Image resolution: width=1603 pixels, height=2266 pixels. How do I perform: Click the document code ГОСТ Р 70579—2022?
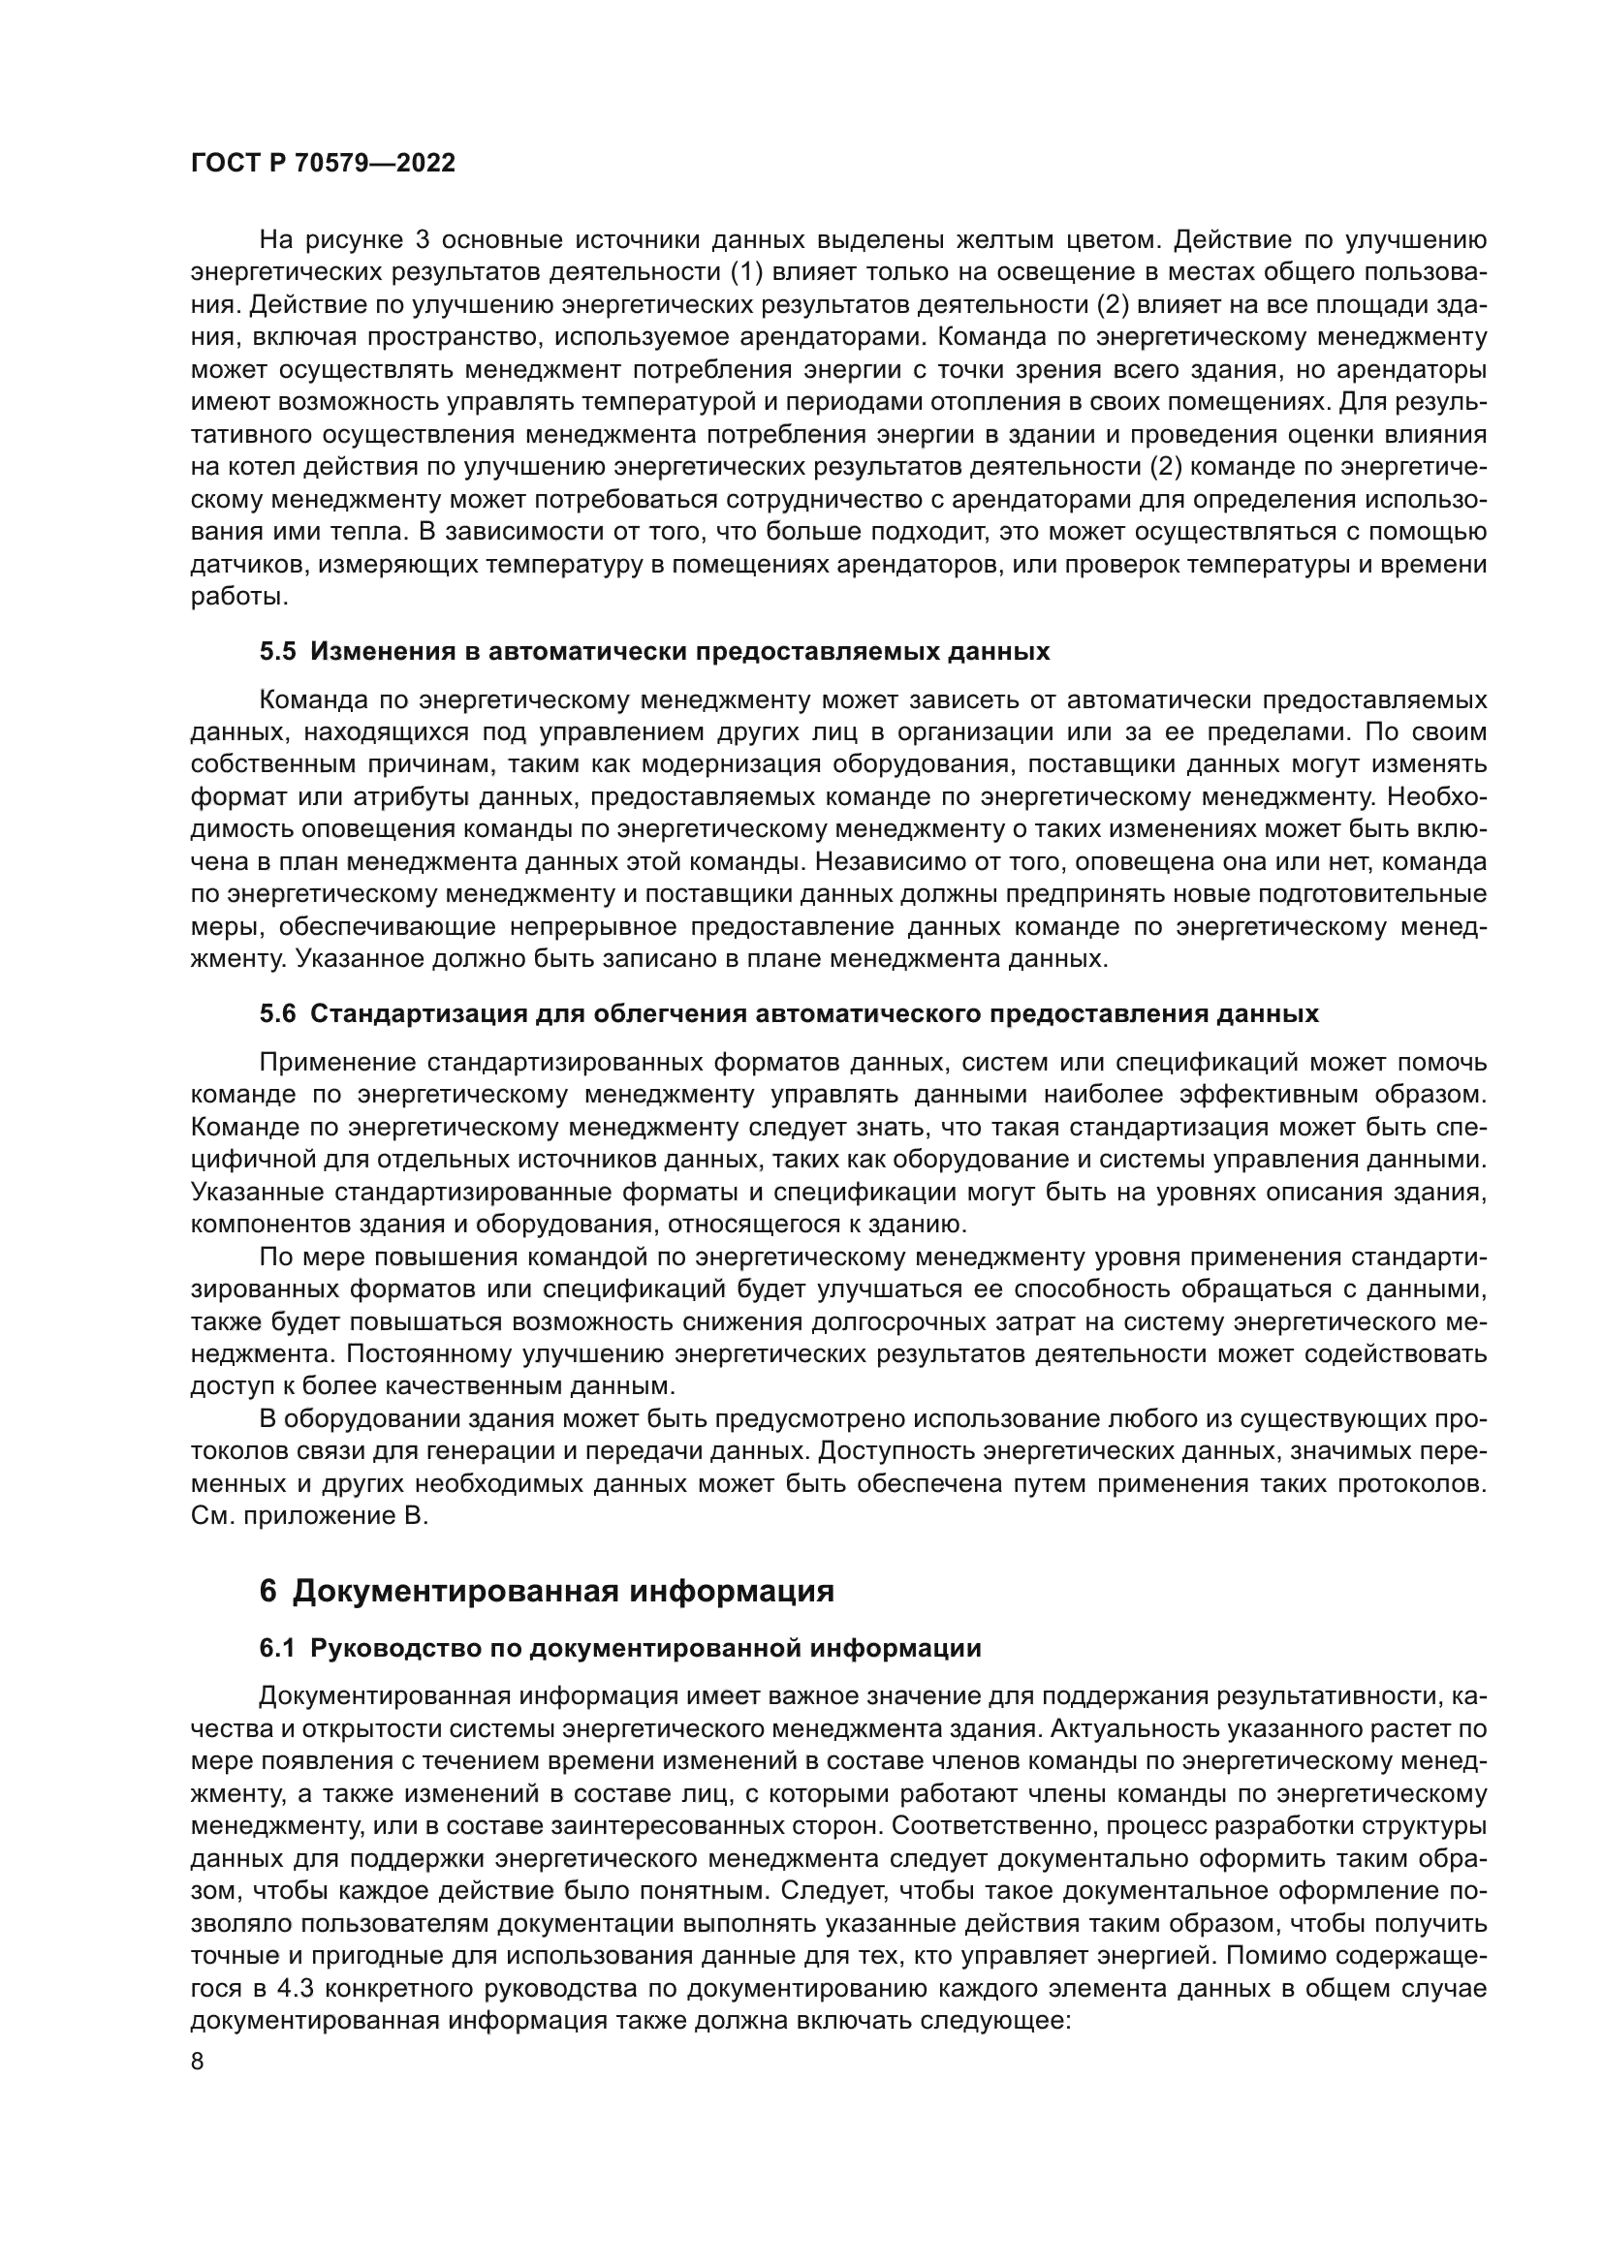tap(323, 164)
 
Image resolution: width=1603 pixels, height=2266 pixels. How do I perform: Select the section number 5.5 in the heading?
tap(277, 651)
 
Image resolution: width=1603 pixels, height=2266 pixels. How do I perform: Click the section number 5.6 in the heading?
tap(277, 1013)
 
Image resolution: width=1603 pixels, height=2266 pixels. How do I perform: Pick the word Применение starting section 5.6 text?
tap(336, 1063)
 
